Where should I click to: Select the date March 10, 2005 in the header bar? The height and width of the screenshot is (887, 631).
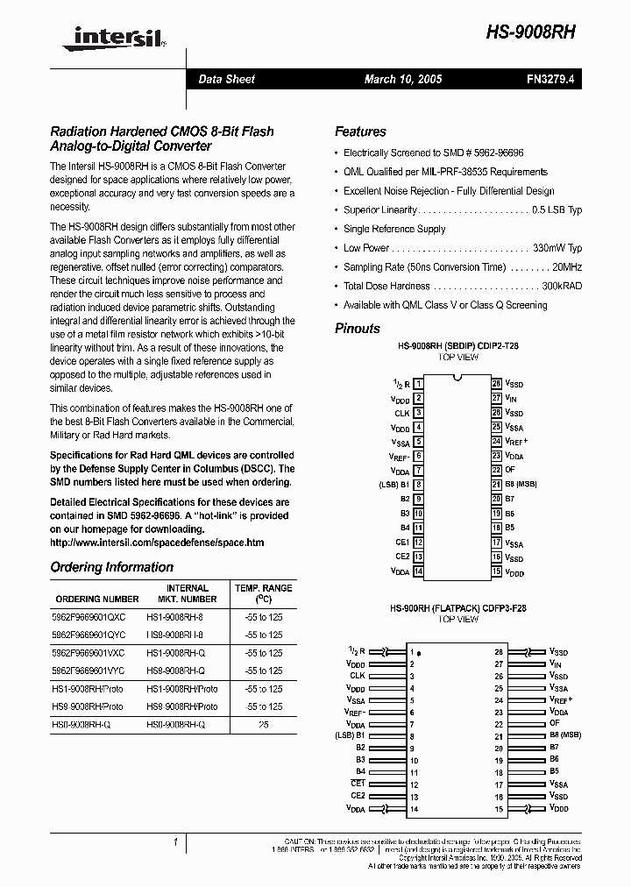tap(403, 80)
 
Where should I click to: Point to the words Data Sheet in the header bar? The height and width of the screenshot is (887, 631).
tap(227, 80)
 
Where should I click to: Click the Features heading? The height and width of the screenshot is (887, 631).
tap(360, 131)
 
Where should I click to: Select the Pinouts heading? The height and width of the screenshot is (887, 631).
tap(358, 329)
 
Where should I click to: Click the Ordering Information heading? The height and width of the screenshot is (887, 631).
tap(112, 567)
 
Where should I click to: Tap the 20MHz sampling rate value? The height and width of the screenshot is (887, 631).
tap(565, 267)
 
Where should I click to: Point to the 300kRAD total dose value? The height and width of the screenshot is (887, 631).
tap(561, 287)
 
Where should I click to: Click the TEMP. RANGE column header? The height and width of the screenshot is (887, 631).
tap(263, 588)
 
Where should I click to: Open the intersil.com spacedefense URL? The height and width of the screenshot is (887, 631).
tap(157, 543)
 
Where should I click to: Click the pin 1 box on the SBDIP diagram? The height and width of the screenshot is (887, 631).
tap(419, 384)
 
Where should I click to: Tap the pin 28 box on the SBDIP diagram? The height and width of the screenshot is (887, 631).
tap(496, 384)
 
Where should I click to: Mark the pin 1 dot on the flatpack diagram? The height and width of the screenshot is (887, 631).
tap(419, 653)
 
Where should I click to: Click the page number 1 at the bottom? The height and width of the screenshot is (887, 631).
tap(176, 842)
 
